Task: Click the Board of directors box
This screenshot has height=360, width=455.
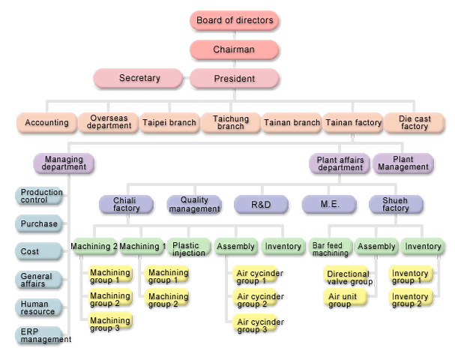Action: click(x=235, y=20)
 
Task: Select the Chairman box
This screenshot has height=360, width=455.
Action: click(x=235, y=49)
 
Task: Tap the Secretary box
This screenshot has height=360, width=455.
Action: click(x=139, y=78)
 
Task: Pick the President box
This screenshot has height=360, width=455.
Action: click(x=235, y=78)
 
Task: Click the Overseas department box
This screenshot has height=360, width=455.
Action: click(x=109, y=122)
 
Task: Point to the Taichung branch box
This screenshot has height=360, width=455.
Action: click(x=230, y=122)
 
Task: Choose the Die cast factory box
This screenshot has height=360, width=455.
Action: click(x=414, y=122)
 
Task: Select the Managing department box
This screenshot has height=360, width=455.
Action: click(x=64, y=163)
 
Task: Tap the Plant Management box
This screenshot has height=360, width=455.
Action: click(x=403, y=163)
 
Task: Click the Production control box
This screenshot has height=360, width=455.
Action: click(x=39, y=196)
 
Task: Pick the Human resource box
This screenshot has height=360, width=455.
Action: click(x=39, y=307)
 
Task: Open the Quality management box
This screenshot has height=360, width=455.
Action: click(x=194, y=204)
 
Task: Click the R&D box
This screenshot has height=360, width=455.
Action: click(x=262, y=204)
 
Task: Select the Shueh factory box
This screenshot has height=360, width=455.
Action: click(x=396, y=204)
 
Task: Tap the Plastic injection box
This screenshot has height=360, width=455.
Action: click(x=189, y=247)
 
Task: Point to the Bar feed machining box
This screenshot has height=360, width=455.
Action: click(x=330, y=248)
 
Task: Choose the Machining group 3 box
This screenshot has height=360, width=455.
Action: click(x=110, y=324)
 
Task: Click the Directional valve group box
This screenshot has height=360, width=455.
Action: click(x=347, y=277)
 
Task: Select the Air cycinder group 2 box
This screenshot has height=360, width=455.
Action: click(x=259, y=301)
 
